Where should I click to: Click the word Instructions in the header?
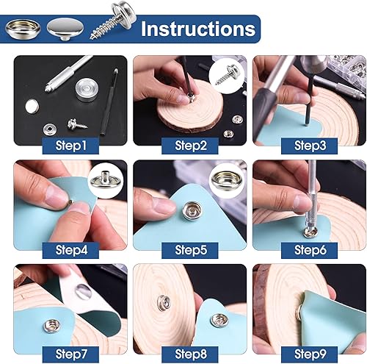click(198, 29)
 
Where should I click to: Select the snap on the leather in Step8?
click(218, 320)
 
